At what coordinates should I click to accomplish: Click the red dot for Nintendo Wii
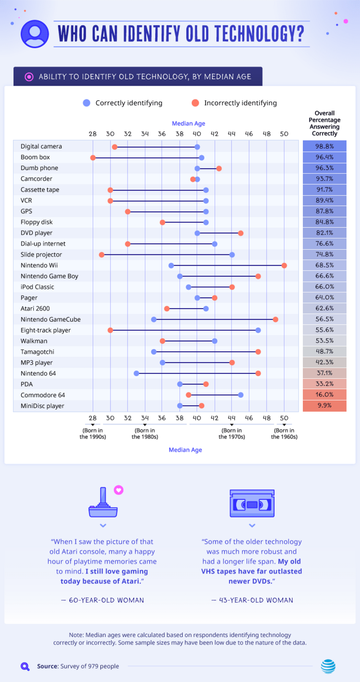(284, 266)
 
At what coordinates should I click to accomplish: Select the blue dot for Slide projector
(232, 255)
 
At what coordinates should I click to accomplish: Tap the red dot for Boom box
(93, 157)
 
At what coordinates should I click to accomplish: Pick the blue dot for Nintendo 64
(136, 373)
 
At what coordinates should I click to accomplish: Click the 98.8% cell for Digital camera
(324, 147)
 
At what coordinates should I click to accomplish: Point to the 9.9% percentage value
(324, 406)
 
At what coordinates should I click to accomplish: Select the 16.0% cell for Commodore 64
(324, 395)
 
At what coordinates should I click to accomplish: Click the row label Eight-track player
(45, 330)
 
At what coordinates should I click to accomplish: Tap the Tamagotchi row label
(37, 352)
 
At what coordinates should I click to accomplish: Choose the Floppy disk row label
(36, 222)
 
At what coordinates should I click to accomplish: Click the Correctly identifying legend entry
(123, 103)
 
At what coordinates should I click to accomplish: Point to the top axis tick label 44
(232, 134)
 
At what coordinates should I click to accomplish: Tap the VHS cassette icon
(252, 504)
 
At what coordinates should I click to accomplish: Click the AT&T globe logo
(328, 666)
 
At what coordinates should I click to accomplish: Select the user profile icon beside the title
(35, 34)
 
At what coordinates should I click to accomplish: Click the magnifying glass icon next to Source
(25, 666)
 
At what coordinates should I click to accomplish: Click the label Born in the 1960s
(284, 434)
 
